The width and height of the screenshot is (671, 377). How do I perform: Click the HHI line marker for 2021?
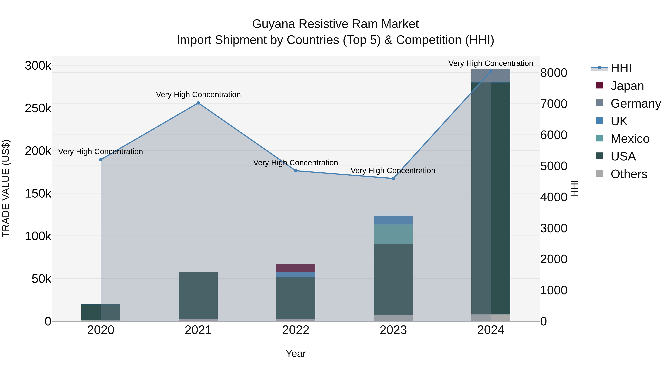[198, 103]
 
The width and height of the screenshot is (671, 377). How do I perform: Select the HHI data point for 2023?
[393, 179]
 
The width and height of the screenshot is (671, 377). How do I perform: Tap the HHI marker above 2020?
[101, 160]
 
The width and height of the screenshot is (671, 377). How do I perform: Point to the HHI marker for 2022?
[296, 171]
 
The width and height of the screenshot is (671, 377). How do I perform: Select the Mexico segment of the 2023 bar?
[393, 234]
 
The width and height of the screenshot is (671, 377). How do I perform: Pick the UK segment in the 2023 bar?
[393, 220]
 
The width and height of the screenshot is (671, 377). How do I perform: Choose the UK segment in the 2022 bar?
[296, 275]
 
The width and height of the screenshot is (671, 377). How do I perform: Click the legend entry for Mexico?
[630, 139]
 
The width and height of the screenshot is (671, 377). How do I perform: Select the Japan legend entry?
[627, 86]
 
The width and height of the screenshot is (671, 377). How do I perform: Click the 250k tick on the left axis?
[38, 108]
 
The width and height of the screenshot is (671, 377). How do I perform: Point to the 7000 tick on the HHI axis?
[554, 104]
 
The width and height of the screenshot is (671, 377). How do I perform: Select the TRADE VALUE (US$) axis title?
[6, 188]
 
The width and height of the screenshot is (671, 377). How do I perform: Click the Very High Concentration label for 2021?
[198, 95]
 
